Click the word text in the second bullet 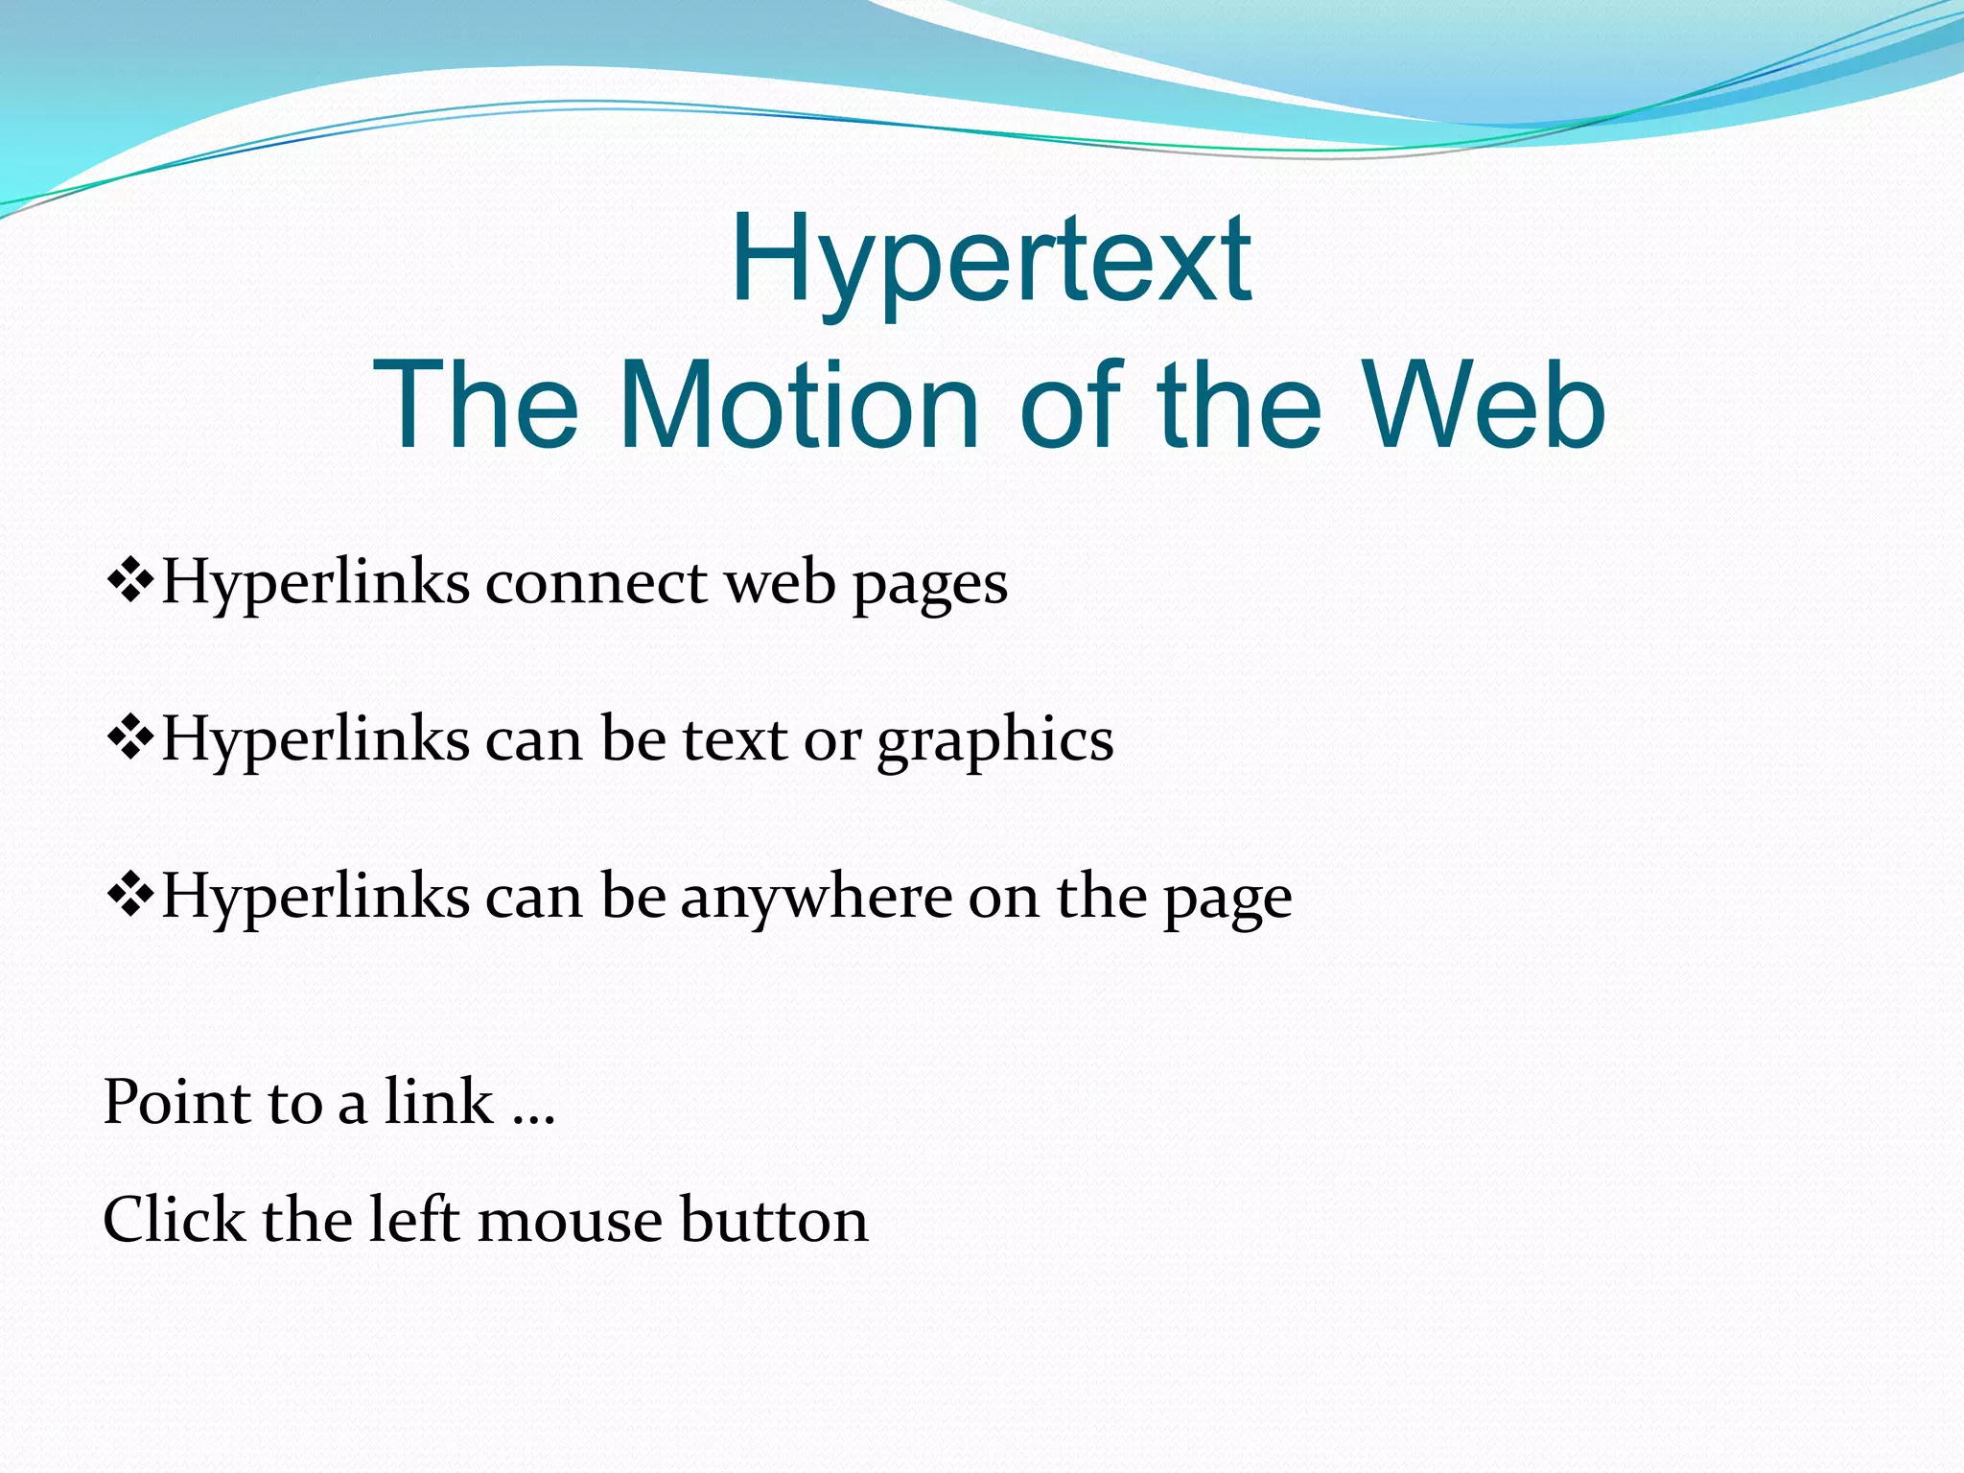[x=735, y=739]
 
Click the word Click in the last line [x=174, y=1219]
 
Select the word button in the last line [x=774, y=1219]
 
